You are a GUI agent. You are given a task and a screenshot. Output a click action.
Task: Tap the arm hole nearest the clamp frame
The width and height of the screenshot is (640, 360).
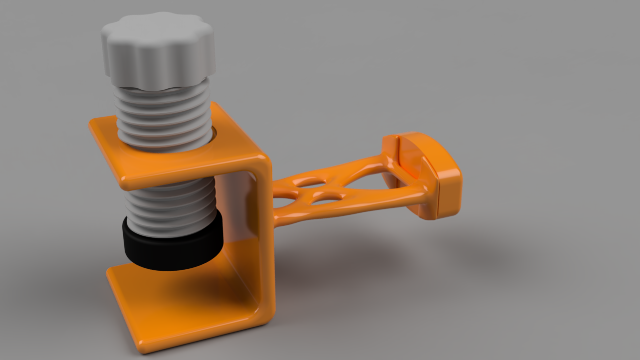pos(283,202)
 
